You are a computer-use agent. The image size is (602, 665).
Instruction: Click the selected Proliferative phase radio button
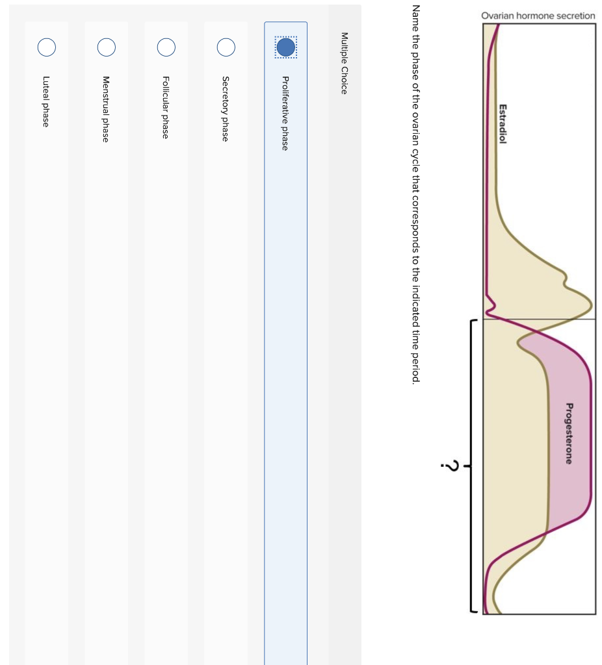pos(285,47)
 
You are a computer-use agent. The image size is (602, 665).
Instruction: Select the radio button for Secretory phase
pos(226,47)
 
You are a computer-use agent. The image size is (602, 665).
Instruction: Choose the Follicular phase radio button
pos(166,47)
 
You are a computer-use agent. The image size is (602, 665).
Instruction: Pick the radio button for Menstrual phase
pos(107,47)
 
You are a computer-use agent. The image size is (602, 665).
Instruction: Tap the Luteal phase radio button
pos(47,47)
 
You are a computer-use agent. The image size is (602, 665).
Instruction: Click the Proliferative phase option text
pos(285,113)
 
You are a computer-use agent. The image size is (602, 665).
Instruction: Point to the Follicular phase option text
pos(166,107)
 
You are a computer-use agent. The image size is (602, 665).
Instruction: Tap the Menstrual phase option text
pos(107,109)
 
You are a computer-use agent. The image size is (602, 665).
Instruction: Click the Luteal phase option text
pos(47,101)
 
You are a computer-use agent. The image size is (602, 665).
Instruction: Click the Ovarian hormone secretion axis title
pos(538,16)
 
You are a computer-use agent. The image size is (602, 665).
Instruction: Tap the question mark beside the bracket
pos(449,466)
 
